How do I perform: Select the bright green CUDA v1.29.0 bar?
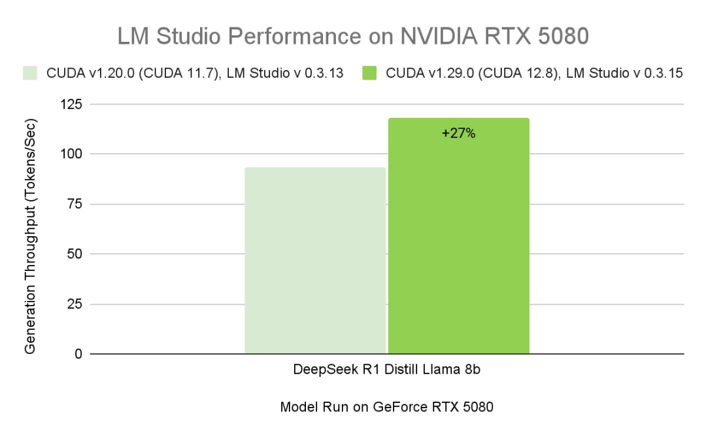coord(458,242)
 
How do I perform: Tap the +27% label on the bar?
coord(458,133)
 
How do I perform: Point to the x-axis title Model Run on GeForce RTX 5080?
coord(386,407)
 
